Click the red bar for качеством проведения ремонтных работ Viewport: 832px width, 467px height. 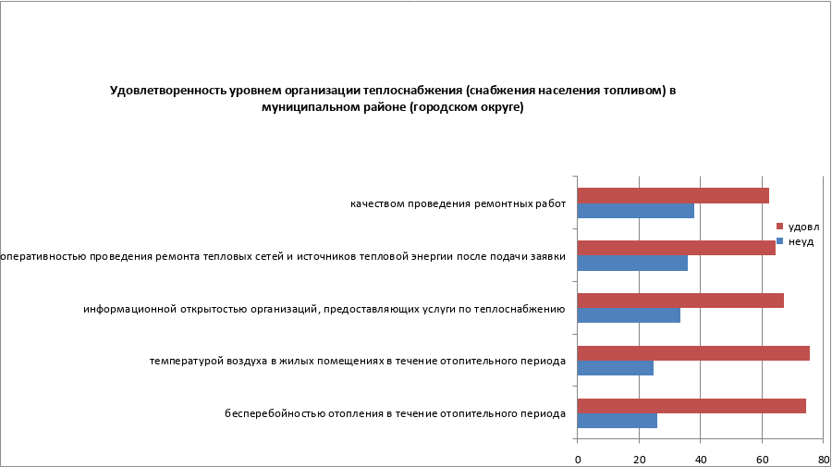pyautogui.click(x=673, y=195)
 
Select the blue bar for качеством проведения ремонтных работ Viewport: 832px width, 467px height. pyautogui.click(x=636, y=211)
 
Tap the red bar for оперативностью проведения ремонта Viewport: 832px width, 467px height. pyautogui.click(x=676, y=248)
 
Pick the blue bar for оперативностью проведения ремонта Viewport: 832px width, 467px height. pyautogui.click(x=632, y=263)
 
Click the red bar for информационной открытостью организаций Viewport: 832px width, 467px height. pyautogui.click(x=680, y=301)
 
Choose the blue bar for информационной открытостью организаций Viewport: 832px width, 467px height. pyautogui.click(x=629, y=315)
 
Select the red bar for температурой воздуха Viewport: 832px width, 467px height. pyautogui.click(x=693, y=353)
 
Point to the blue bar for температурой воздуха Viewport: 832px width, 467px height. pyautogui.click(x=616, y=368)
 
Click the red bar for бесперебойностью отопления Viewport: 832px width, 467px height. pyautogui.click(x=691, y=406)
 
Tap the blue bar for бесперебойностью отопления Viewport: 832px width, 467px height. pyautogui.click(x=618, y=421)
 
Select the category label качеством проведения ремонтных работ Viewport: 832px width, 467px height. pyautogui.click(x=458, y=203)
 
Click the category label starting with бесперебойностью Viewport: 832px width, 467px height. pyautogui.click(x=395, y=413)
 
